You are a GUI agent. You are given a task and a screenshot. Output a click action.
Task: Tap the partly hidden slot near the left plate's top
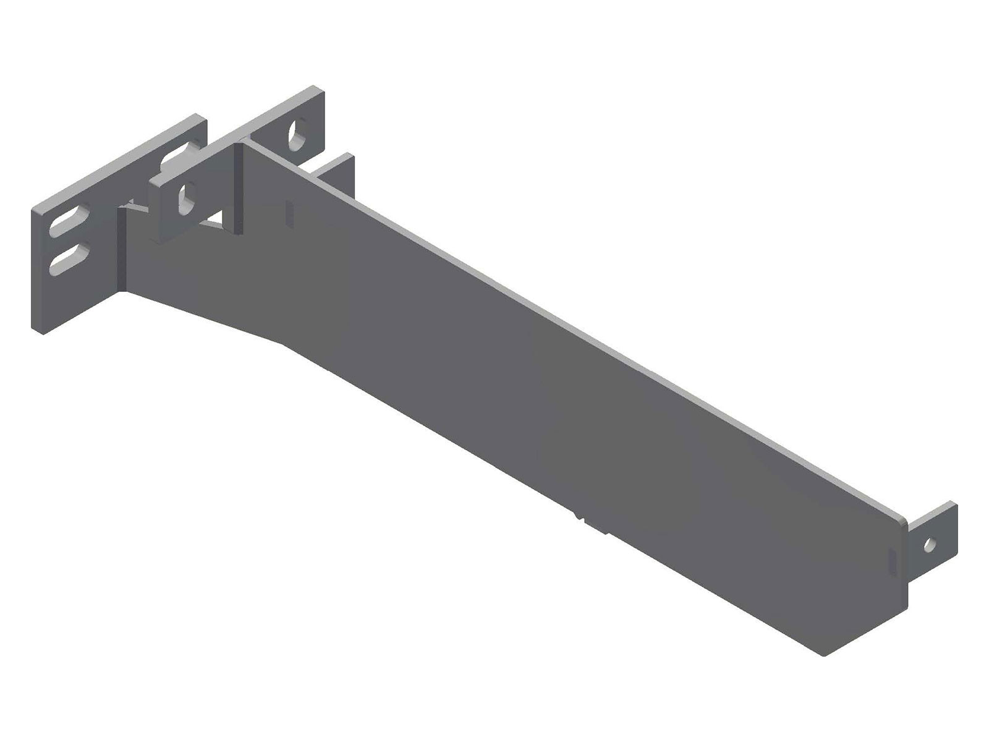[177, 156]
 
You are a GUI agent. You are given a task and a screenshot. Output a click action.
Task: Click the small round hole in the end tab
[928, 545]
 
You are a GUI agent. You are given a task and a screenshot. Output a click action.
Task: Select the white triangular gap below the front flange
[216, 218]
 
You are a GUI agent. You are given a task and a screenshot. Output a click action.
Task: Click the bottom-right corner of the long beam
[823, 654]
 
